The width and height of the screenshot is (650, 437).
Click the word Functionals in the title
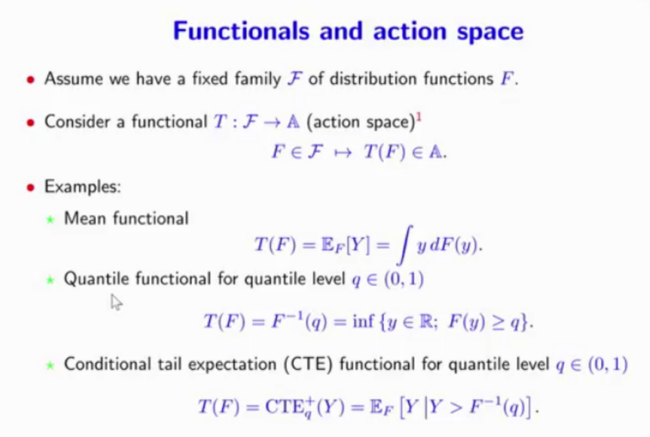(241, 31)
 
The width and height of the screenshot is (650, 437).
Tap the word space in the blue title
(490, 32)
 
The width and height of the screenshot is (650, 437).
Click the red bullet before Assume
(30, 79)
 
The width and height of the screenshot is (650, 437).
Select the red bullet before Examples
(30, 188)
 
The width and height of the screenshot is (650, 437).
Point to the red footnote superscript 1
(419, 118)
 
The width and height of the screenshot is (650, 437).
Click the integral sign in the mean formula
(405, 245)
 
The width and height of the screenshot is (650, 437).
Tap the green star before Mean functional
(50, 219)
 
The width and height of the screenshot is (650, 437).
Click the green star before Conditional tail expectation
(50, 366)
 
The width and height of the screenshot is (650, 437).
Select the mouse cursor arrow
(116, 302)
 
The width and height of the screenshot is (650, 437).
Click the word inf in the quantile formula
(363, 321)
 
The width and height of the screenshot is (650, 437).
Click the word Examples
(82, 187)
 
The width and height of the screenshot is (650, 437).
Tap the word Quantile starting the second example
(96, 279)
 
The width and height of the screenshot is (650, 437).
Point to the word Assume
(74, 79)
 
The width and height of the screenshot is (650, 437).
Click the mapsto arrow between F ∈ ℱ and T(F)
(342, 153)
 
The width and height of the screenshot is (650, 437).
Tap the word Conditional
(108, 365)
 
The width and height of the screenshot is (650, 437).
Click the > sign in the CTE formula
(455, 408)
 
